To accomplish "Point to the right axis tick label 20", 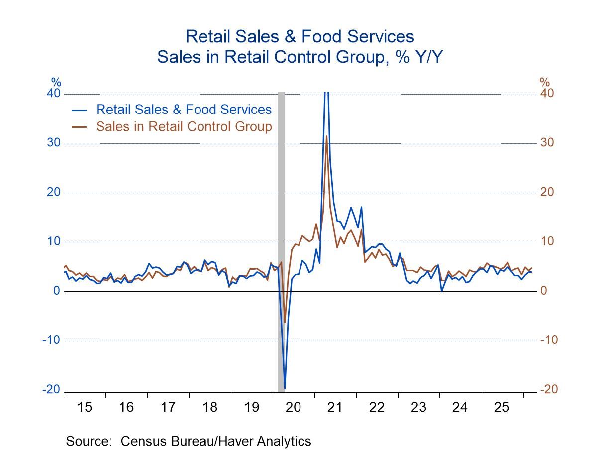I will coord(547,192).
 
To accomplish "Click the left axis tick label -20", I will coord(51,390).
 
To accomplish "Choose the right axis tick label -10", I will coord(549,340).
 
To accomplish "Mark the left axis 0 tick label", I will coord(56,291).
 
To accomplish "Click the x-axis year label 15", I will coord(85,407).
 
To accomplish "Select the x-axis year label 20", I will coord(294,407).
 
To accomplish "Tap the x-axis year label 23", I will coord(418,407).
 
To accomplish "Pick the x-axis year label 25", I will coord(502,407).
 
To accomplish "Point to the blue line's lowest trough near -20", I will coord(285,388).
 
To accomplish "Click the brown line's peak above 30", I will coord(326,136).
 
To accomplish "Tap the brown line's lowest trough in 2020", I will coord(285,322).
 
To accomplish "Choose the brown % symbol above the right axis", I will coord(545,82).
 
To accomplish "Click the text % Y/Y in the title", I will coord(416,57).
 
